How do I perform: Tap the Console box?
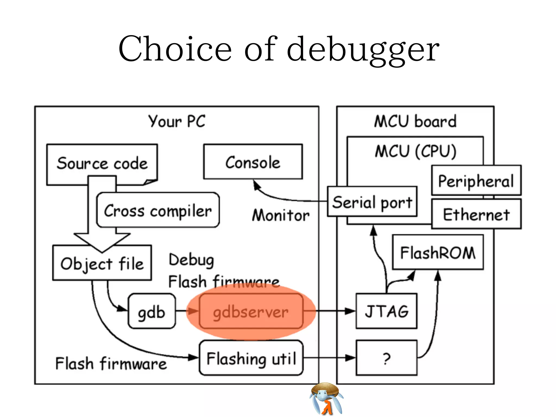pyautogui.click(x=253, y=162)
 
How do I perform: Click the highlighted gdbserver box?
pyautogui.click(x=251, y=312)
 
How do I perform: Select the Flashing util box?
pyautogui.click(x=251, y=358)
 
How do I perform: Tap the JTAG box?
pyautogui.click(x=386, y=311)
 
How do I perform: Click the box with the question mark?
pyautogui.click(x=386, y=358)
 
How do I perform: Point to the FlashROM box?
pyautogui.click(x=438, y=252)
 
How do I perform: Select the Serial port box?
pyautogui.click(x=372, y=202)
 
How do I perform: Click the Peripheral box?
pyautogui.click(x=476, y=181)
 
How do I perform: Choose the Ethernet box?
pyautogui.click(x=476, y=214)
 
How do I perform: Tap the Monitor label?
pyautogui.click(x=281, y=215)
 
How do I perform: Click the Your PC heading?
pyautogui.click(x=177, y=121)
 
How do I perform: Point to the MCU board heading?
pyautogui.click(x=415, y=121)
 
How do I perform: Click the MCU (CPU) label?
pyautogui.click(x=415, y=151)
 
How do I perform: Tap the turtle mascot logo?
pyautogui.click(x=326, y=399)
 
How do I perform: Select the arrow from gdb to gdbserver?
pyautogui.click(x=187, y=311)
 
